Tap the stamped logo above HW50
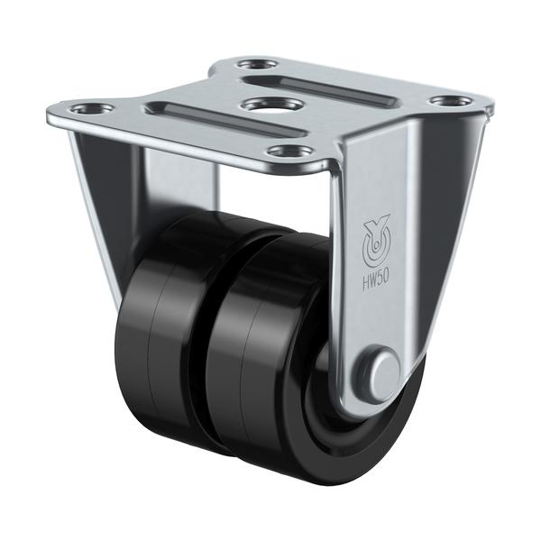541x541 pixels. tap(376, 240)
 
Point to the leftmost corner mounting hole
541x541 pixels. tap(92, 109)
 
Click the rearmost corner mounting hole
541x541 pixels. tap(258, 65)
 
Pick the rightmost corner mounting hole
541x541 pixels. tap(452, 101)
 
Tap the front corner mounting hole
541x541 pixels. tap(290, 151)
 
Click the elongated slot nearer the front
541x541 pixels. tap(225, 118)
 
